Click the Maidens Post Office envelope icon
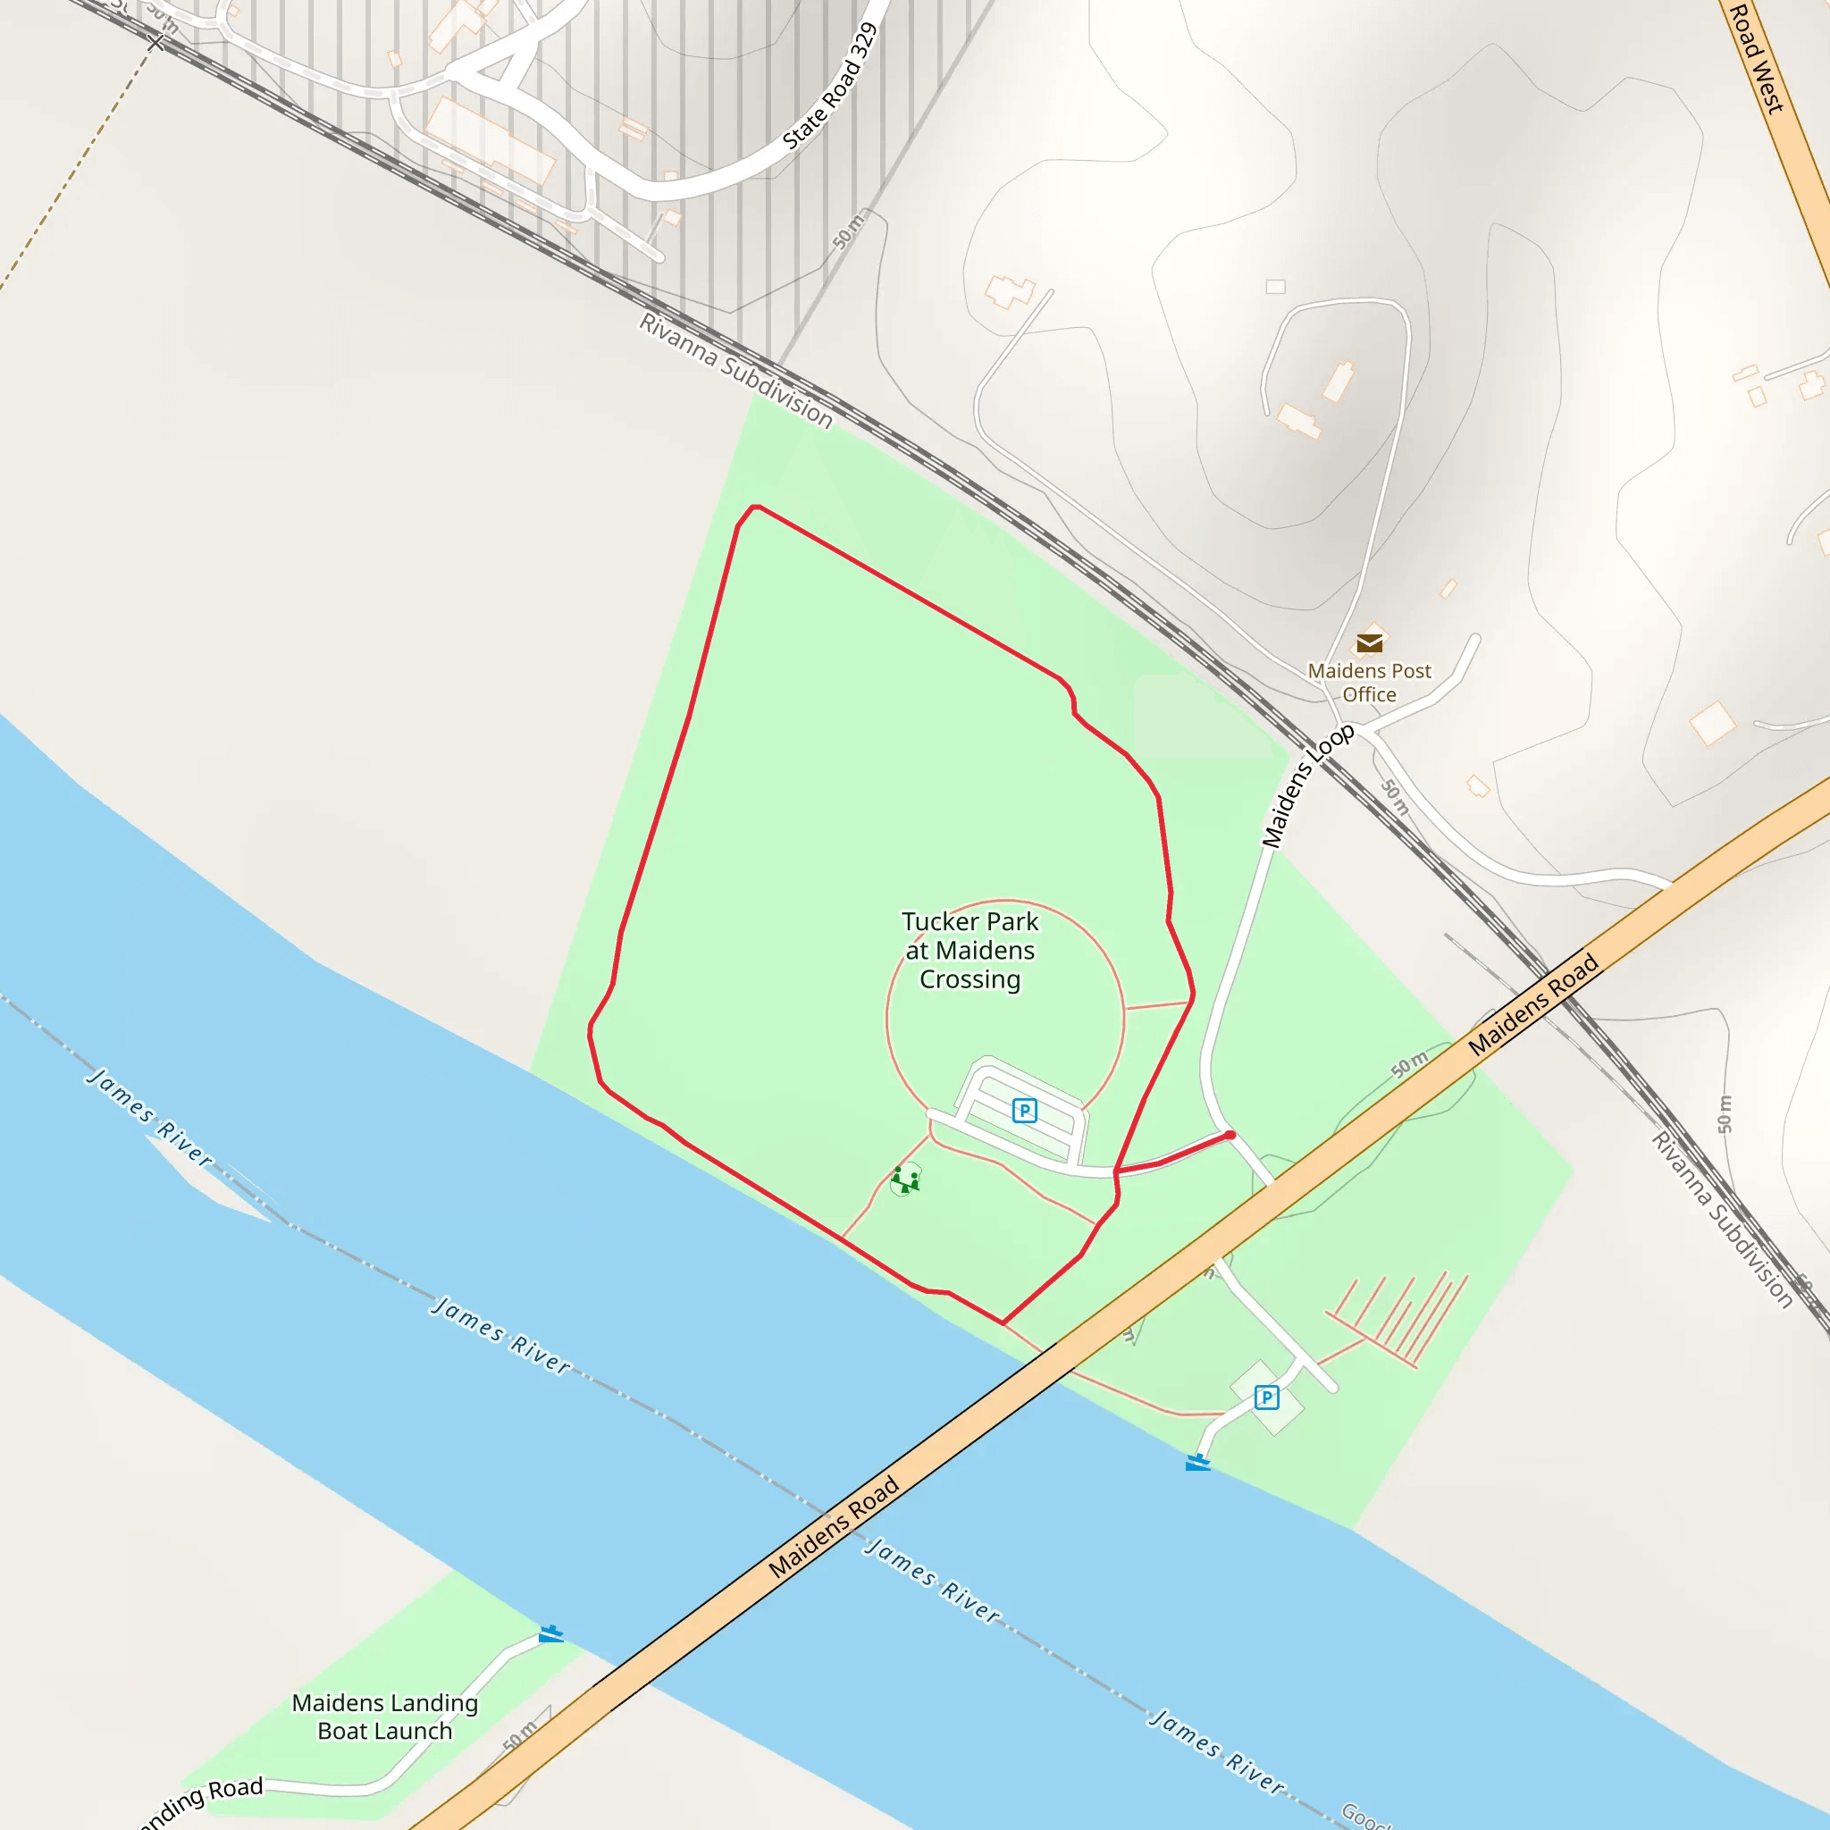[x=1370, y=644]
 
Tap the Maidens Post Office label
[x=1370, y=682]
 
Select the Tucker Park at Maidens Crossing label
[x=970, y=950]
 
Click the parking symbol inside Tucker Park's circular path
[x=1024, y=1110]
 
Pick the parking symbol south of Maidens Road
[x=1266, y=1398]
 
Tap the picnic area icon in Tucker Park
[x=905, y=1179]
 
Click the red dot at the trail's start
[x=1230, y=1135]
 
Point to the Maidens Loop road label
[x=1307, y=786]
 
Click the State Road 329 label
[x=830, y=88]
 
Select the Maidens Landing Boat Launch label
[x=384, y=1717]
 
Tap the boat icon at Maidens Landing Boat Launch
[x=550, y=1634]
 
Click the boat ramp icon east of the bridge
[x=1197, y=1463]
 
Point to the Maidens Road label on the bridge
[x=834, y=1527]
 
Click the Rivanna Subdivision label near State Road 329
[x=736, y=370]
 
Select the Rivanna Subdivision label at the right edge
[x=1722, y=1220]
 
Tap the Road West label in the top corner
[x=1756, y=57]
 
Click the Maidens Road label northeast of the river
[x=1533, y=1005]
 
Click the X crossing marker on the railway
[x=156, y=43]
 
